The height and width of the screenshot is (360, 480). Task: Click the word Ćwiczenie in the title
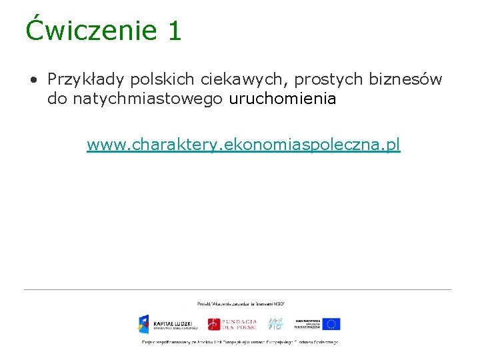coord(88,31)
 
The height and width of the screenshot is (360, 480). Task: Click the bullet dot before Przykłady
coord(33,81)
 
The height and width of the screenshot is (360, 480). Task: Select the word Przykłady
coord(86,80)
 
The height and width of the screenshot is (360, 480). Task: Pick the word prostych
coord(319,80)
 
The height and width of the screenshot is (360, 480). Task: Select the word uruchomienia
coord(283,99)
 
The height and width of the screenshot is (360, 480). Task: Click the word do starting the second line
coord(57,99)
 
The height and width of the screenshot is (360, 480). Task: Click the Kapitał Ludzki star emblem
coord(145,324)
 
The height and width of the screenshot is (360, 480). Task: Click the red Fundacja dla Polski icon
coord(213,324)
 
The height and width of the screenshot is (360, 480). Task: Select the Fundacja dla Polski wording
coord(240,324)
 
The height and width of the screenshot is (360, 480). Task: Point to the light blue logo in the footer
coord(276,323)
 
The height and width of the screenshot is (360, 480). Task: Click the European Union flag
coord(331,324)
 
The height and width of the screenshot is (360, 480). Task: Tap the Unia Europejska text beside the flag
coord(307,324)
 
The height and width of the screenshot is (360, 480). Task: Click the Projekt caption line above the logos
coord(241,303)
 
